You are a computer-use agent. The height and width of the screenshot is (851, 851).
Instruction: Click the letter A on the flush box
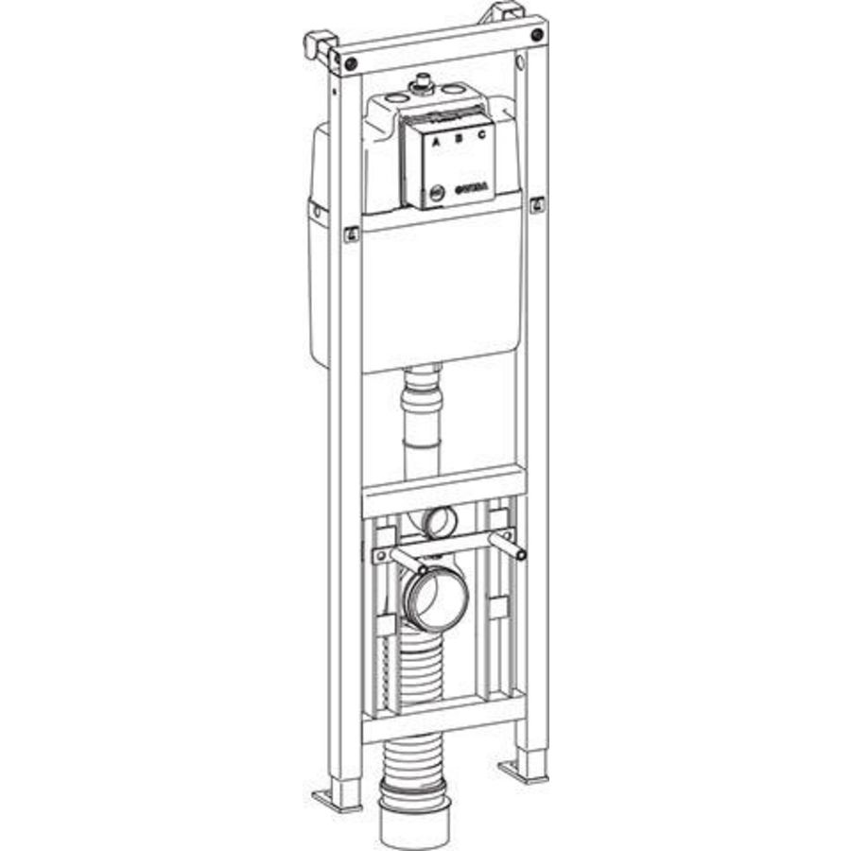tap(436, 144)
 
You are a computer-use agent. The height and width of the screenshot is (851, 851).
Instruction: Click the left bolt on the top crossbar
tap(351, 62)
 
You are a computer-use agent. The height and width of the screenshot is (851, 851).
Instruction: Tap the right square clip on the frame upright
tap(537, 203)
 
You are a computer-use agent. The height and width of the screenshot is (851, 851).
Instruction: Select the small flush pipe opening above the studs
tap(441, 519)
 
